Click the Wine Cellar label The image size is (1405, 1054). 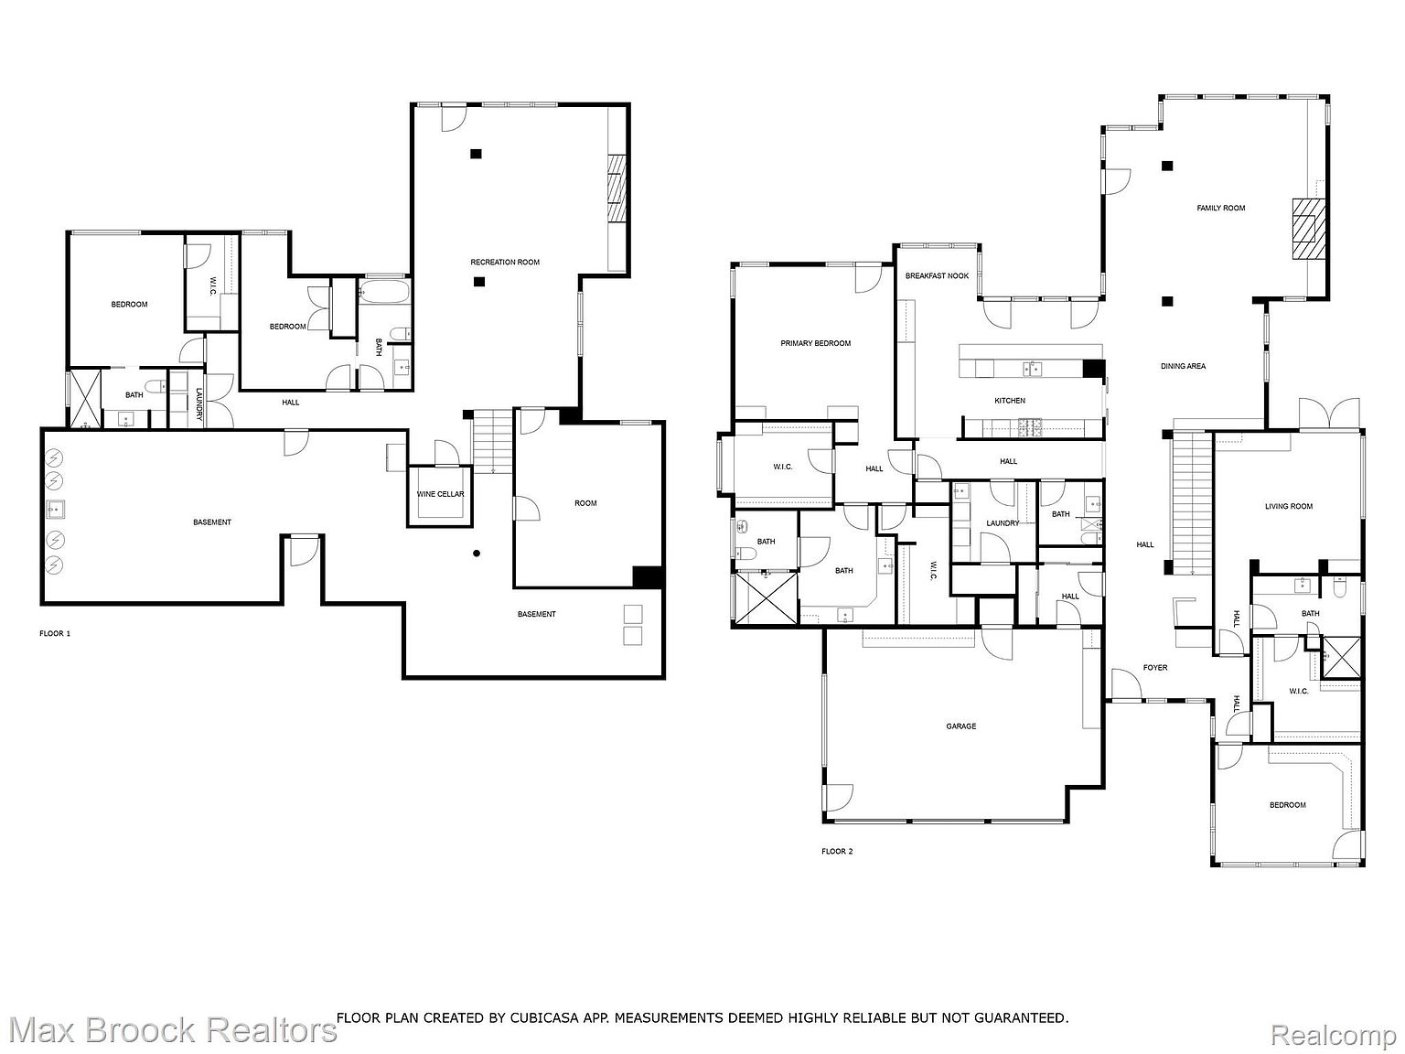(x=440, y=494)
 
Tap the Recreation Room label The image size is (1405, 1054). (x=505, y=263)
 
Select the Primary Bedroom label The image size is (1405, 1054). (x=815, y=344)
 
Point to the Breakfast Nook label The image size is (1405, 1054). (x=937, y=276)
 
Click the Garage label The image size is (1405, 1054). (x=960, y=726)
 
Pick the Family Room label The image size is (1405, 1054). (x=1221, y=209)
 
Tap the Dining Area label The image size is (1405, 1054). (x=1183, y=366)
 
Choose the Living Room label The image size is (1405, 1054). (x=1288, y=507)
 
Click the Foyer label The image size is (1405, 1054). (x=1154, y=668)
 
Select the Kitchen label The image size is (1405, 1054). (x=1010, y=401)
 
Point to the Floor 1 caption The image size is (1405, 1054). (x=55, y=633)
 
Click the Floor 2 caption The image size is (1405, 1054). (x=836, y=852)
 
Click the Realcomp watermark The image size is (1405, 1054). (x=1334, y=1036)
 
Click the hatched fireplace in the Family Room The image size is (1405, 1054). (x=1304, y=230)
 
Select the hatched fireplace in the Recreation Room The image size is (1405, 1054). (x=617, y=188)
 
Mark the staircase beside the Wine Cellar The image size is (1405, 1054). (x=493, y=441)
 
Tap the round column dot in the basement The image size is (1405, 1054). (x=476, y=553)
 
